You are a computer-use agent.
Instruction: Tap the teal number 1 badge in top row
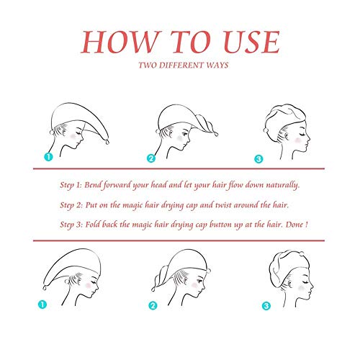pos(48,158)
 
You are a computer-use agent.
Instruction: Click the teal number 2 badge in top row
pos(151,158)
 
